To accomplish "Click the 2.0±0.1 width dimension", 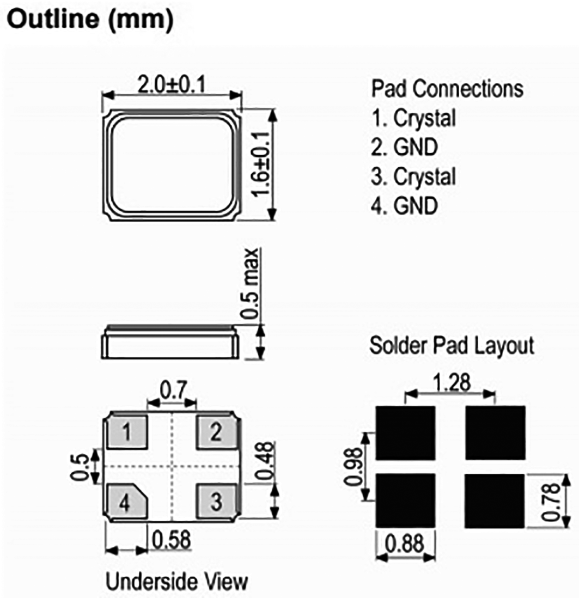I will click(173, 85).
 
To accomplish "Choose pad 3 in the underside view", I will click(216, 502).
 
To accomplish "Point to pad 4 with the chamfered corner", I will click(125, 502).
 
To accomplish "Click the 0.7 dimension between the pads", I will click(173, 390).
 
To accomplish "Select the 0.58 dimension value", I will click(172, 540).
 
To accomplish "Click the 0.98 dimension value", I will click(354, 466).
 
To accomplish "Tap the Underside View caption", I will click(176, 581).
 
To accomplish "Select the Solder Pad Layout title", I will click(452, 345).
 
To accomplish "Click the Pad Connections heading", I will click(447, 89).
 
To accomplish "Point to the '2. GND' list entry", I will click(405, 147).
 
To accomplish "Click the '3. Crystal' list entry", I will click(413, 176).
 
